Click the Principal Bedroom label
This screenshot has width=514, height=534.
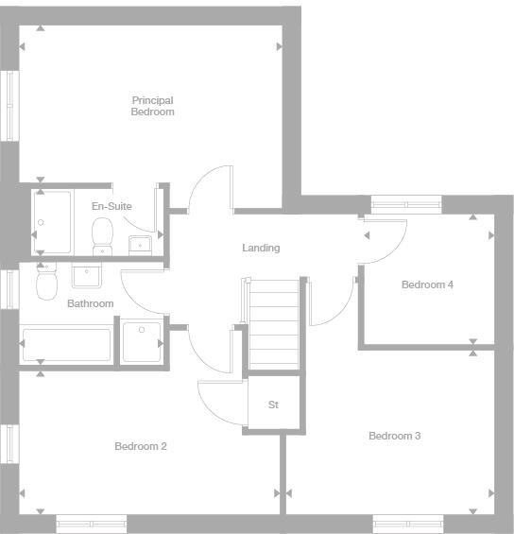(152, 106)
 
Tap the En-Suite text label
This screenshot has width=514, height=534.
(111, 206)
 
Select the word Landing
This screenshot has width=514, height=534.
(261, 249)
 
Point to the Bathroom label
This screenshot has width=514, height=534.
(90, 303)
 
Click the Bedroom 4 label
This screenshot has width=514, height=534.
(427, 284)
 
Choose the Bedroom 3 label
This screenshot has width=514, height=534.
(394, 436)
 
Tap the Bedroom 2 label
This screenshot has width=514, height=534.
(141, 446)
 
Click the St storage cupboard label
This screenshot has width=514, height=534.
(273, 405)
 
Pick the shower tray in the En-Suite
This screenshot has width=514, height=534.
(52, 223)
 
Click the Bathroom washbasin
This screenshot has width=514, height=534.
(87, 276)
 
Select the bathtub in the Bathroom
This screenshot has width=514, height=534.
(66, 344)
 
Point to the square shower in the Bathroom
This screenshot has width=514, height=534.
(142, 341)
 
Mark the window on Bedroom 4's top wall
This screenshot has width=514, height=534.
(405, 202)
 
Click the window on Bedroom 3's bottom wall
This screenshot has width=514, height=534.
(407, 523)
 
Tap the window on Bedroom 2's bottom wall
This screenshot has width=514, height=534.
(91, 523)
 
